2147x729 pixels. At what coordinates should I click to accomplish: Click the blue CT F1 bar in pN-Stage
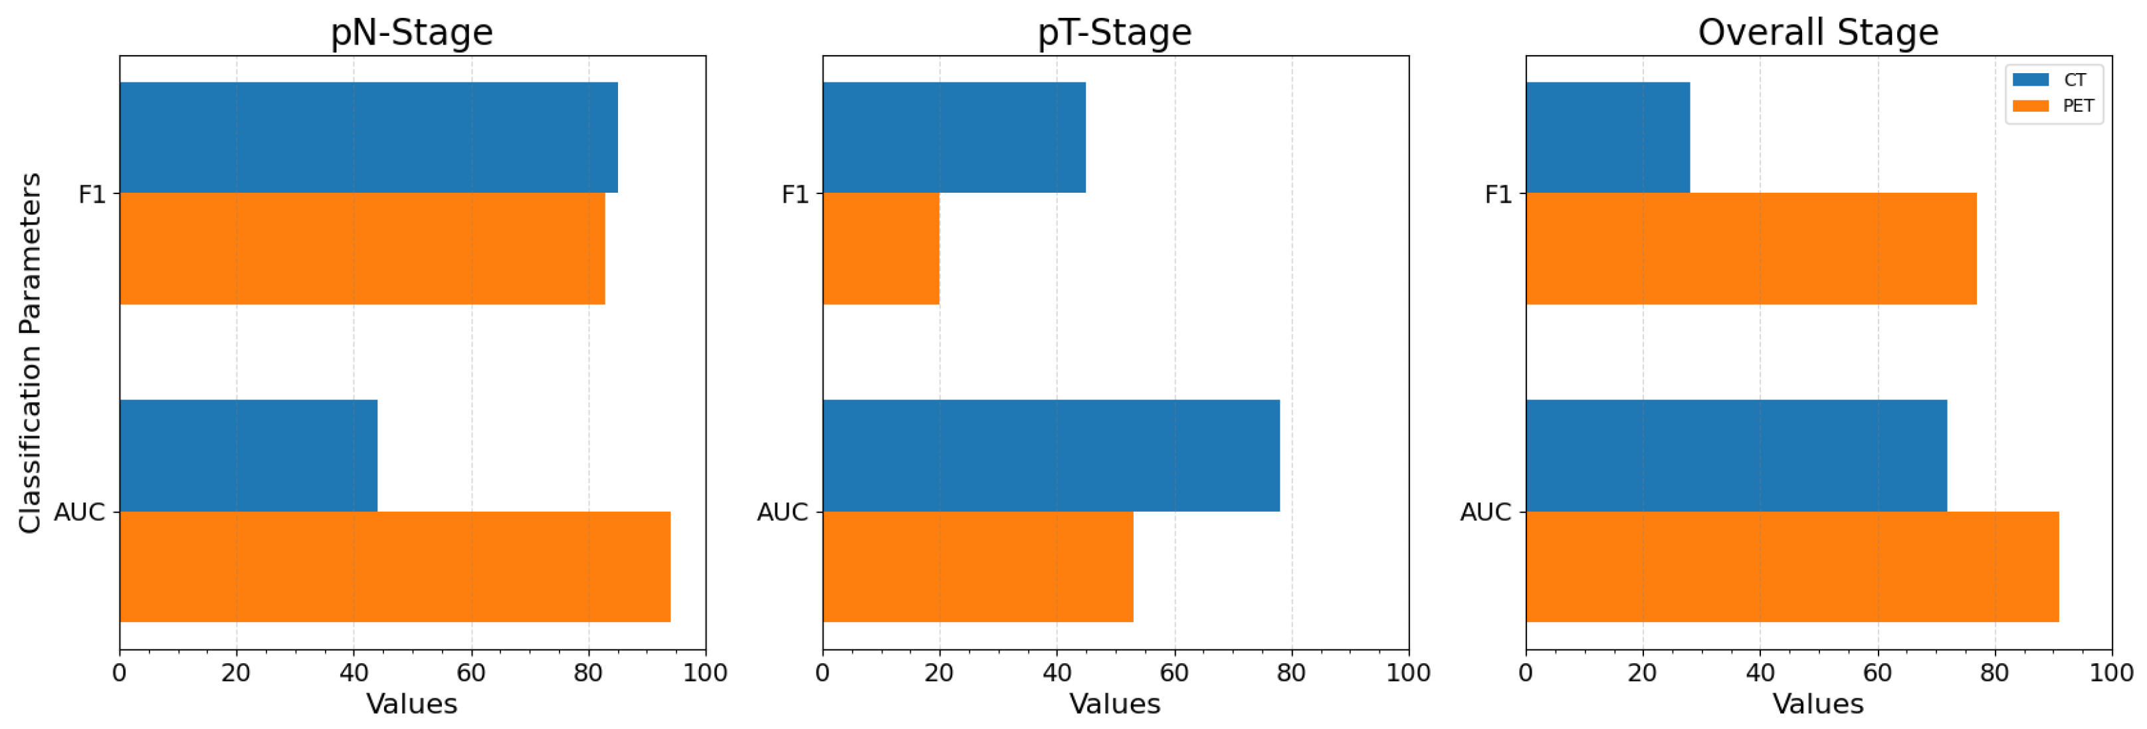click(x=368, y=138)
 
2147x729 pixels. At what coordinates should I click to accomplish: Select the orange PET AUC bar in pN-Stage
click(x=395, y=567)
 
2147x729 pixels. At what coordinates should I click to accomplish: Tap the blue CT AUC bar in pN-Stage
click(x=249, y=455)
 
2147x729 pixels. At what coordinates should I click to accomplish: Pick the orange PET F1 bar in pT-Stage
click(x=881, y=249)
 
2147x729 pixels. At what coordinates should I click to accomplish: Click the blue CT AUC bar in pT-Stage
click(x=1051, y=455)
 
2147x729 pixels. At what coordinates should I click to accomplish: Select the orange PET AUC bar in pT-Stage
click(x=977, y=567)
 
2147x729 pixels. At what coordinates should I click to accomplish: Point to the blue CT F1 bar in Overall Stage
click(x=1607, y=138)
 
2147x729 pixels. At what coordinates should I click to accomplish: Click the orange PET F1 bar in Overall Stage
click(x=1751, y=249)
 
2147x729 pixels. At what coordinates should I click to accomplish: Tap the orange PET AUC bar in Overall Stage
click(x=1792, y=567)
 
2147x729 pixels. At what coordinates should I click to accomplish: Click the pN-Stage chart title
click(x=412, y=33)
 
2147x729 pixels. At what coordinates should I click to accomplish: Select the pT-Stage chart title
click(x=1114, y=33)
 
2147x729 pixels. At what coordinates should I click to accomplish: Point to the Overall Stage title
click(x=1818, y=33)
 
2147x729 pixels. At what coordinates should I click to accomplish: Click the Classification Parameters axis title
click(x=30, y=352)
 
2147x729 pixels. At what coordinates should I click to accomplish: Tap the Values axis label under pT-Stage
click(x=1114, y=704)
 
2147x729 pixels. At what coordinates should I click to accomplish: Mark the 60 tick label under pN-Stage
click(x=471, y=673)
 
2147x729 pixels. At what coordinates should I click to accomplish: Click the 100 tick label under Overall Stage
click(x=2111, y=673)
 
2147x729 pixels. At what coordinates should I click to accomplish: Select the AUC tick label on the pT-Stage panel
click(x=782, y=512)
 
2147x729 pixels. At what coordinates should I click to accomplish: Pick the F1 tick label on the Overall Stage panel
click(x=1498, y=194)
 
